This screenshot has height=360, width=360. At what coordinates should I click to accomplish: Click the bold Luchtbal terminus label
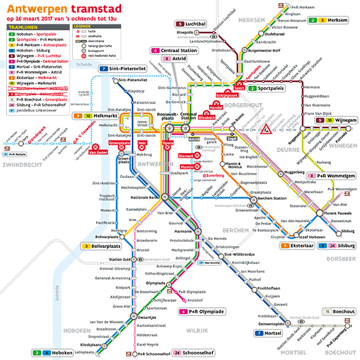click(x=197, y=24)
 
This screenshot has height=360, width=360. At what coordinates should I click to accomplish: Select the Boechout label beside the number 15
click(x=343, y=312)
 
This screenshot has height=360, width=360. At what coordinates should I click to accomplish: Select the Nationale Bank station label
click(x=143, y=197)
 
